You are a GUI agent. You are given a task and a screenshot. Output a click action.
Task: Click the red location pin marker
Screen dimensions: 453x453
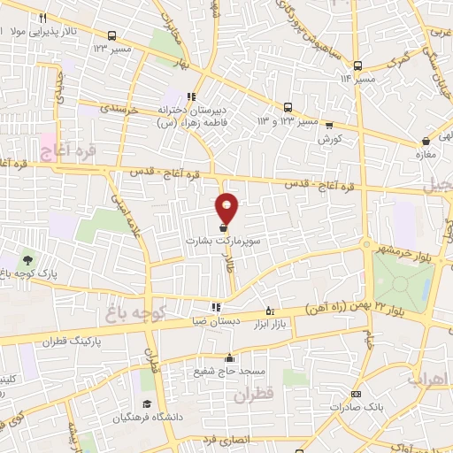(x=227, y=209)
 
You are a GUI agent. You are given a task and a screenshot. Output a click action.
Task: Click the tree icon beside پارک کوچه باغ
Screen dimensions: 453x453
(x=27, y=260)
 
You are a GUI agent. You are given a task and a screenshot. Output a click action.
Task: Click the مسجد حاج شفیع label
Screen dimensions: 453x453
(x=229, y=372)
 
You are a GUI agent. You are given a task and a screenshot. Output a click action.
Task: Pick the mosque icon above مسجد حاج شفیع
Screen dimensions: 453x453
(x=229, y=358)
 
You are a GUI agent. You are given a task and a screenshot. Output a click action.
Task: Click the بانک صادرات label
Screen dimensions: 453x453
(x=355, y=407)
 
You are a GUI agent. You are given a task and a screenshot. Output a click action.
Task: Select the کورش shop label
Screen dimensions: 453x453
(x=330, y=139)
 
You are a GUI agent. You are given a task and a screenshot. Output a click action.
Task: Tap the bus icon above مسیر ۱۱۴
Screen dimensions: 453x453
(x=357, y=65)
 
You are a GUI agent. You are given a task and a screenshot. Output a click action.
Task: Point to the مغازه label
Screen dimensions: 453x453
(x=429, y=155)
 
